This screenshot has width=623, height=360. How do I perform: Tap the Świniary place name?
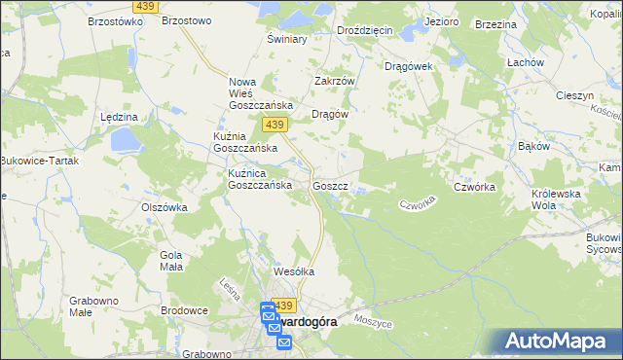287,40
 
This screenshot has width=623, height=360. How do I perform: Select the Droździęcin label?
365,30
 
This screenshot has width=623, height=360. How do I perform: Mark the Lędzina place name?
119,116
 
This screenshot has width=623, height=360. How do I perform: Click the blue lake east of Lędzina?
127,142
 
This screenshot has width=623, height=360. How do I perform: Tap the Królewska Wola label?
556,199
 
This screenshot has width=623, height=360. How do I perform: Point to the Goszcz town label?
330,185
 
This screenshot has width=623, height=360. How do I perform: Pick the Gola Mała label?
170,261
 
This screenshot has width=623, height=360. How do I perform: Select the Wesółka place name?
294,272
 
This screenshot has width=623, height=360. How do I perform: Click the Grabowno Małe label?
93,307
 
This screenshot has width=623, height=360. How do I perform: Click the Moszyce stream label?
373,320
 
